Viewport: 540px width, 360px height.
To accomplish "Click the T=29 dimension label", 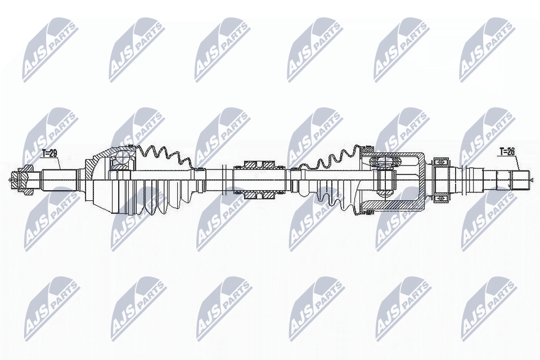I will [50, 152].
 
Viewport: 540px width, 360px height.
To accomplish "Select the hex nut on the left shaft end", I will [24, 181].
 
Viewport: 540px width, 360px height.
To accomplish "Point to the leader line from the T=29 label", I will [58, 164].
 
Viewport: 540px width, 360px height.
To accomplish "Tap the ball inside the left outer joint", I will [119, 164].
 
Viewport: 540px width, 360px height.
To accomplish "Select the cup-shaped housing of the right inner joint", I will [413, 180].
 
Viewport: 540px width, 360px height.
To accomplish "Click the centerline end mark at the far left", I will [10, 181].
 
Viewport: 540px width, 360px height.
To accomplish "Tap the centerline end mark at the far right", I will [532, 180].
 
